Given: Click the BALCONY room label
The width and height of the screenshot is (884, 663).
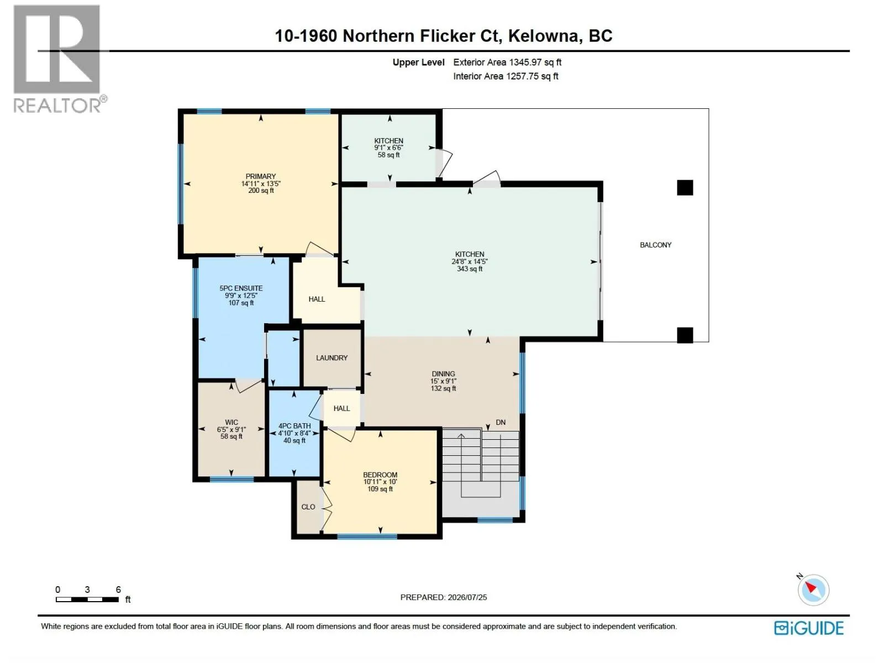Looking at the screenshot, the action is (x=655, y=245).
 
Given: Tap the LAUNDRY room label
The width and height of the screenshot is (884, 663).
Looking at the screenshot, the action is (x=331, y=358).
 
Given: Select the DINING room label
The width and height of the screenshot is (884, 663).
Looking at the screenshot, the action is (x=443, y=374).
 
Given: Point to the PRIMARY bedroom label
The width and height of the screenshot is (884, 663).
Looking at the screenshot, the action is (x=261, y=176).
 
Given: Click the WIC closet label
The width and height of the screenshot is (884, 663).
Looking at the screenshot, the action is (x=231, y=422).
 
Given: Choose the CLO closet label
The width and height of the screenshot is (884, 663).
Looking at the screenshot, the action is (x=308, y=507).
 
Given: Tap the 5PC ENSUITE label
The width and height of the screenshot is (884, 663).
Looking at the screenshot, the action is (x=241, y=288).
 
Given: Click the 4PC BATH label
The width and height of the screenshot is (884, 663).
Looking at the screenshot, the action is (x=294, y=426).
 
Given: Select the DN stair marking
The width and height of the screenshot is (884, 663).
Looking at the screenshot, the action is (x=501, y=422).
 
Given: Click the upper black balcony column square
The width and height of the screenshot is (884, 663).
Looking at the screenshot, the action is (x=685, y=188).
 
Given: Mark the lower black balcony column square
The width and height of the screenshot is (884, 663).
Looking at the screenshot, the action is (x=685, y=335).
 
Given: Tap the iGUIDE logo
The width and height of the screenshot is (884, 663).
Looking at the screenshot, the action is (x=809, y=628).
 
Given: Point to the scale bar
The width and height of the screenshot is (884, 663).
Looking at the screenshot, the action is (x=87, y=599).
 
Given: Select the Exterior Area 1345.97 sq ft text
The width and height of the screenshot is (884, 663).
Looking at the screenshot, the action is (x=507, y=62).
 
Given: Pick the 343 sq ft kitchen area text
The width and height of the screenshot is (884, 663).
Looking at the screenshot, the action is (x=470, y=269).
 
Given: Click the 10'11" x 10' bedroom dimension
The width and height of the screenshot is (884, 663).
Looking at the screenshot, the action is (x=380, y=482).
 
